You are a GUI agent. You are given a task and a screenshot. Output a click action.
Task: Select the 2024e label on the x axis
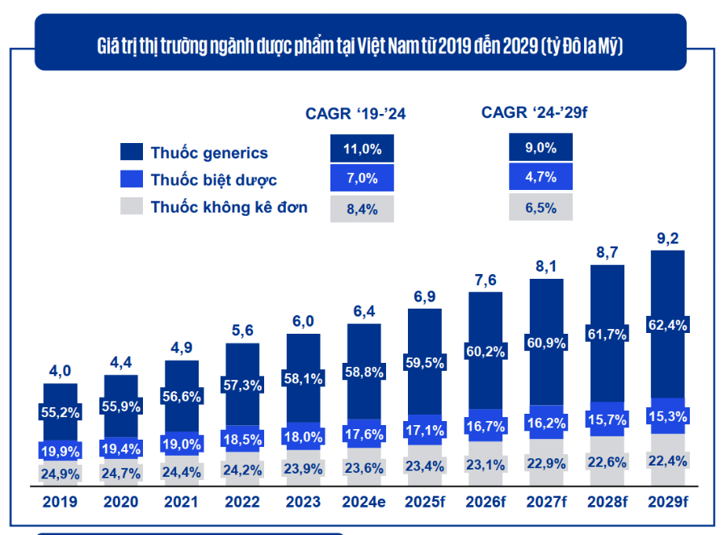click(363, 502)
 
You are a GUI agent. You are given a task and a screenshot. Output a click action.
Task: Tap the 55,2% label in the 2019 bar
click(61, 411)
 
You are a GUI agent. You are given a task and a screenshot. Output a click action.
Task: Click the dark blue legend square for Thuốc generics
click(131, 152)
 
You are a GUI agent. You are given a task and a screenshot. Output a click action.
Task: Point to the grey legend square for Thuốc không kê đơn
click(131, 207)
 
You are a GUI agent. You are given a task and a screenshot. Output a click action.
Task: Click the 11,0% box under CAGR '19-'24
click(362, 149)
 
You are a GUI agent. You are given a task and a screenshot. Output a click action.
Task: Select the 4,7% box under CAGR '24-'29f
click(540, 177)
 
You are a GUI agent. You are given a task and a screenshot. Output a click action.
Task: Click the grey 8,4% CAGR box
click(362, 209)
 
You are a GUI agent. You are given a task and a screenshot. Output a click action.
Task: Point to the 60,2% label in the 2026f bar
click(485, 351)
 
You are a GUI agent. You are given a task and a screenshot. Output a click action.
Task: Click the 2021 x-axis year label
click(181, 502)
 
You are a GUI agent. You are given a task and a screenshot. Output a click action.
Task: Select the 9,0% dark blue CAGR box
click(540, 147)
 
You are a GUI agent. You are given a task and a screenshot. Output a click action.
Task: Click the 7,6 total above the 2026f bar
click(485, 280)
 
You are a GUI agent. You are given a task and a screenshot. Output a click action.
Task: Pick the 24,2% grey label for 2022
click(242, 469)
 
